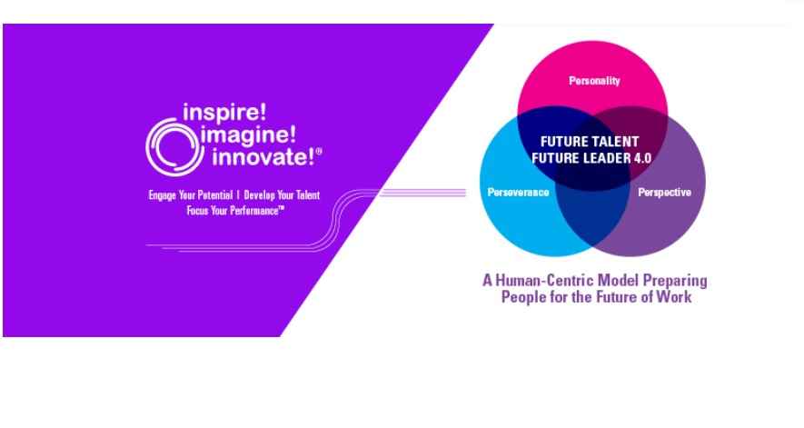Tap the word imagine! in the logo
pos(249,134)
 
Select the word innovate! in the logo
pos(263,156)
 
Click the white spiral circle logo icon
pos(172,147)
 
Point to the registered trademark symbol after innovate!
pos(319,152)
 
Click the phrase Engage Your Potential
pos(190,195)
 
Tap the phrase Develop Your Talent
pos(282,195)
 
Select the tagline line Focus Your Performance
pos(235,211)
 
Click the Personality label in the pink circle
pos(594,81)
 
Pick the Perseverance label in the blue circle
pos(518,193)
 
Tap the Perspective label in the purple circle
pos(664,193)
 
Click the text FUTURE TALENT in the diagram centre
pos(590,142)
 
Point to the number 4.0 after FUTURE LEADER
pos(642,158)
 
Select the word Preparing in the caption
pos(675,281)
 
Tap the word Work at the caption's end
pos(674,296)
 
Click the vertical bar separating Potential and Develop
pos(238,195)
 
